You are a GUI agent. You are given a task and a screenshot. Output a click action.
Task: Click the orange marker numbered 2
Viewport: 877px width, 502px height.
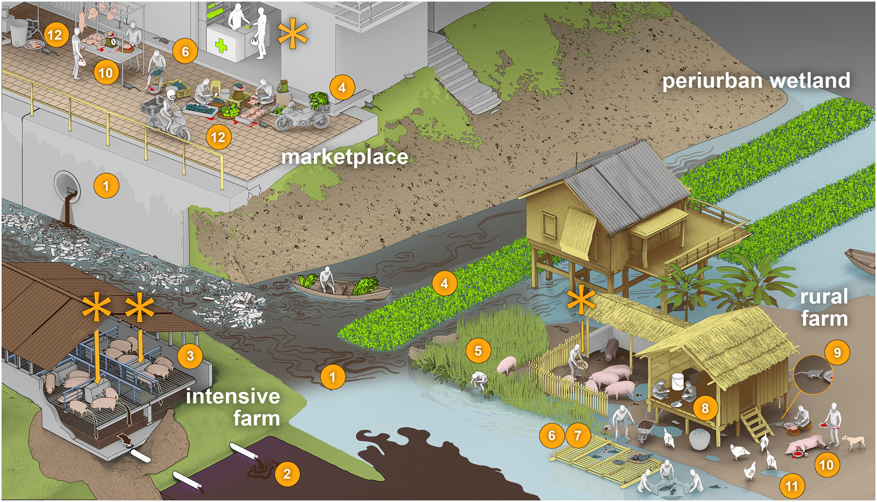coord(287,474)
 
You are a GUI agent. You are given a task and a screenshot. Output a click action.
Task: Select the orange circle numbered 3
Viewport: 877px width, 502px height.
coord(190,356)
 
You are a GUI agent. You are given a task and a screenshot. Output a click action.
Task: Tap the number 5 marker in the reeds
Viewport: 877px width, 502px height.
coord(478,351)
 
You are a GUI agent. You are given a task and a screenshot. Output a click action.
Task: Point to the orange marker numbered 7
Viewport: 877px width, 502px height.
coord(578,435)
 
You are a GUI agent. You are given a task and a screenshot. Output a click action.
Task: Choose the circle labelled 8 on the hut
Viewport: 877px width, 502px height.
coord(705,408)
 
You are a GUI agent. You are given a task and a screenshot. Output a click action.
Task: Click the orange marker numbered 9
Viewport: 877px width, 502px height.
coord(837,352)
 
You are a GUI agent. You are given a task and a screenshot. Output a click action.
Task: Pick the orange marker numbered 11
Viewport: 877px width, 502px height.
coord(792,485)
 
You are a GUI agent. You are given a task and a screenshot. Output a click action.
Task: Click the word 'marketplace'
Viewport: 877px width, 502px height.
coord(344,157)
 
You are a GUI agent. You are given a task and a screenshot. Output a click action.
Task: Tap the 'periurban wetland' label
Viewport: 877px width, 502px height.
coord(756,81)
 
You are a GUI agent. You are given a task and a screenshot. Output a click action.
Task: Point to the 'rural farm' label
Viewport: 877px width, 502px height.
coord(824,307)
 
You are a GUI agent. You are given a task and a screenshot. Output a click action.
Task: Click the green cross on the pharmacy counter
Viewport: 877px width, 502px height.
coord(221,46)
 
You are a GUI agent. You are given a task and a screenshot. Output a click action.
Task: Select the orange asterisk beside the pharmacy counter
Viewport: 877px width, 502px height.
coord(292,34)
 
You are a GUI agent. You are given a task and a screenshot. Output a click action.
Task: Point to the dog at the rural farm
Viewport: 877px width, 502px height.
coord(854,442)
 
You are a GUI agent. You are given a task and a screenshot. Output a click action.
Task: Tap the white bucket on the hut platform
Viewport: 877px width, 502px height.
coord(678,382)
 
